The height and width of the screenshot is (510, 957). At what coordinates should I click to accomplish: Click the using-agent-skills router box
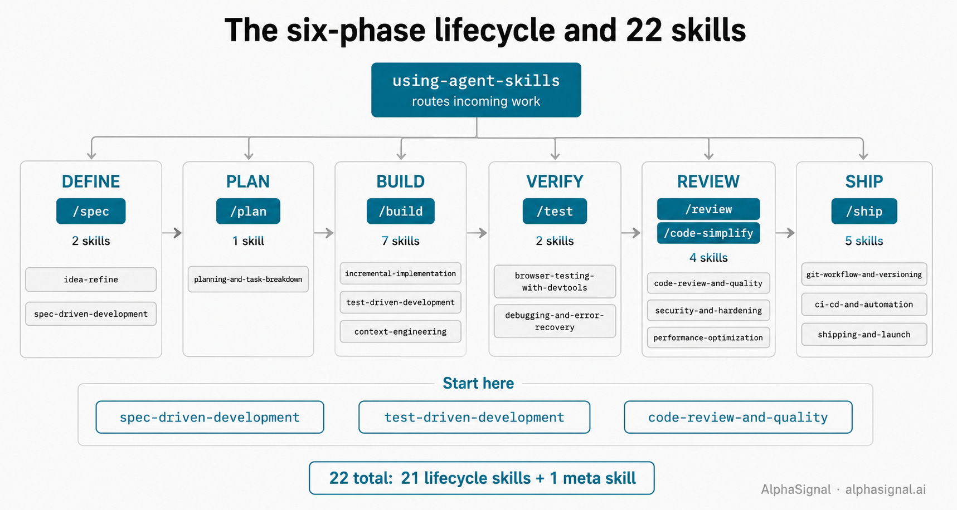click(476, 90)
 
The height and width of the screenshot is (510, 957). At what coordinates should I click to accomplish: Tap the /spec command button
click(91, 211)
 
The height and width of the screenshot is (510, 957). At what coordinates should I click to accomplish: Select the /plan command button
click(248, 211)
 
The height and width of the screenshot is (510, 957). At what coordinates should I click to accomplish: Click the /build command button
click(401, 211)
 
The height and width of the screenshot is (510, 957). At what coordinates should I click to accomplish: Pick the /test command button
click(555, 211)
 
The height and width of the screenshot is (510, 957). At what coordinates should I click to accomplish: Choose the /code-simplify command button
click(708, 233)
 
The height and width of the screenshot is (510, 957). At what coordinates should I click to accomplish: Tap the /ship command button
click(864, 211)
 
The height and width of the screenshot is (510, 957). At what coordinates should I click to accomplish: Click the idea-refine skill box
click(91, 279)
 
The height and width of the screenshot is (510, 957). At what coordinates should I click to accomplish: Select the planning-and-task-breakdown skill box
click(248, 279)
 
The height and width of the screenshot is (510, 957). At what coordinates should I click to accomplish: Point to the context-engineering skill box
click(401, 331)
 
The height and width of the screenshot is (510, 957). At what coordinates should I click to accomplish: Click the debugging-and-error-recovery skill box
click(555, 321)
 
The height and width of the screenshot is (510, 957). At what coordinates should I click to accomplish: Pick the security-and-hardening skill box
click(708, 310)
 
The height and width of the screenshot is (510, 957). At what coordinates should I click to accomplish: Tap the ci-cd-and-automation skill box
click(864, 305)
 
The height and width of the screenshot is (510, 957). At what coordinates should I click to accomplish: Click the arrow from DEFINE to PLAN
click(172, 233)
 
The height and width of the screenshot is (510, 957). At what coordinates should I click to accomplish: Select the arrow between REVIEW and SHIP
click(785, 233)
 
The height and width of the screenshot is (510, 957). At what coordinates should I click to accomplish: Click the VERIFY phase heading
click(555, 182)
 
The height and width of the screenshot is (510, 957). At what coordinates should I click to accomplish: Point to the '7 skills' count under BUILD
click(401, 241)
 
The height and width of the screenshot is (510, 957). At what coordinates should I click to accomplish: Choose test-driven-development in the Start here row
click(474, 417)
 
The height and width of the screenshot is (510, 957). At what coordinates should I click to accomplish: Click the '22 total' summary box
click(482, 478)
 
